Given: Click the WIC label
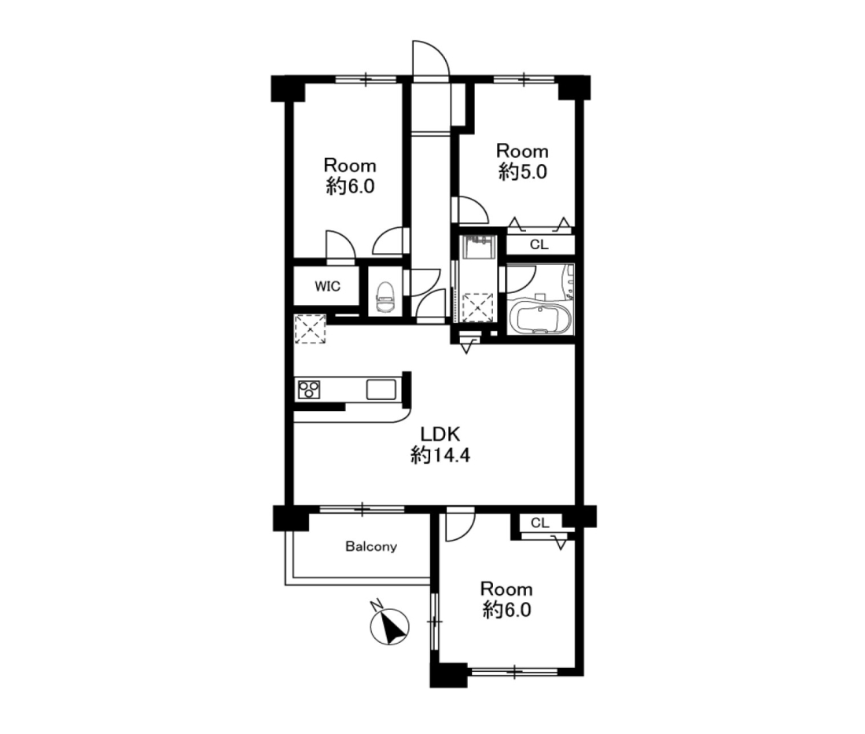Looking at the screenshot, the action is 327,286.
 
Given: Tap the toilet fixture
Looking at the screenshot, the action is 385,297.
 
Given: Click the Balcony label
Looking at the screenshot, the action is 370,546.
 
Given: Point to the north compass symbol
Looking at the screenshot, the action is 389,626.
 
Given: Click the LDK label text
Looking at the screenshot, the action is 440,434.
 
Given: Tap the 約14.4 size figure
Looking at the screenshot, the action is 440,455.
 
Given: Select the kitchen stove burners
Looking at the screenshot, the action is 308,389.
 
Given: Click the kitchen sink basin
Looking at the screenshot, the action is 381,389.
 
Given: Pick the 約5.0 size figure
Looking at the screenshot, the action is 522,172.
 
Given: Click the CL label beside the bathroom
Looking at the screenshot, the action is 539,244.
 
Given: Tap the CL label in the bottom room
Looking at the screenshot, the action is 540,523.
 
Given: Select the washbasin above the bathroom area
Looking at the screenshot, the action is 480,247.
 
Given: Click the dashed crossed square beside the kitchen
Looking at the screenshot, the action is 310,328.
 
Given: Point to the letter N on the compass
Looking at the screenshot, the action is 377,605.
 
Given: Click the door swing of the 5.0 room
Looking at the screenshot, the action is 473,209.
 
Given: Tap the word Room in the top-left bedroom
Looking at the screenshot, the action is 350,166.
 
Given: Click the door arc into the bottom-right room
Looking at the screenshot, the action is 460,524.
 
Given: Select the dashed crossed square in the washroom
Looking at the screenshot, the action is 477,307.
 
